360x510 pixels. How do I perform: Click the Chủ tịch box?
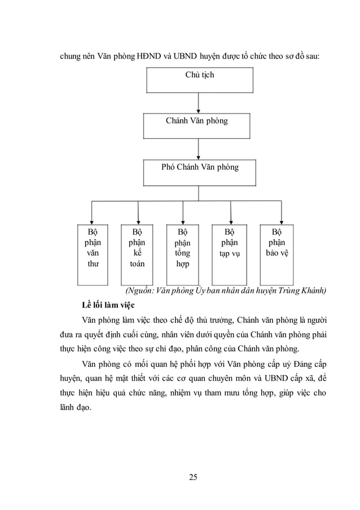click(199, 80)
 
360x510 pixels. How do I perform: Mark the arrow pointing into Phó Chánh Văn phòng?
click(199, 150)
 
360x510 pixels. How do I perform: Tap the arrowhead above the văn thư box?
click(92, 222)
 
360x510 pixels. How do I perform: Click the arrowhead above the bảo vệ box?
click(280, 222)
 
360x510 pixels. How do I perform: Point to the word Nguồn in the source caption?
click(139, 291)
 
